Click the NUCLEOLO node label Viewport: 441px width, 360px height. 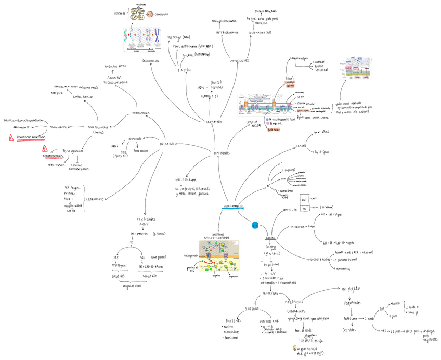click(x=167, y=143)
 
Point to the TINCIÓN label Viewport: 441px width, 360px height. click(x=184, y=70)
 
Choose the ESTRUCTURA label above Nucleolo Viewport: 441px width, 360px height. click(x=141, y=113)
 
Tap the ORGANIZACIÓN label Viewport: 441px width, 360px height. click(x=150, y=61)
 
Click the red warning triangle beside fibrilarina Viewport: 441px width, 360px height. click(x=10, y=137)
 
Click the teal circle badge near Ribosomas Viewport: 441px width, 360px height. click(x=255, y=226)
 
